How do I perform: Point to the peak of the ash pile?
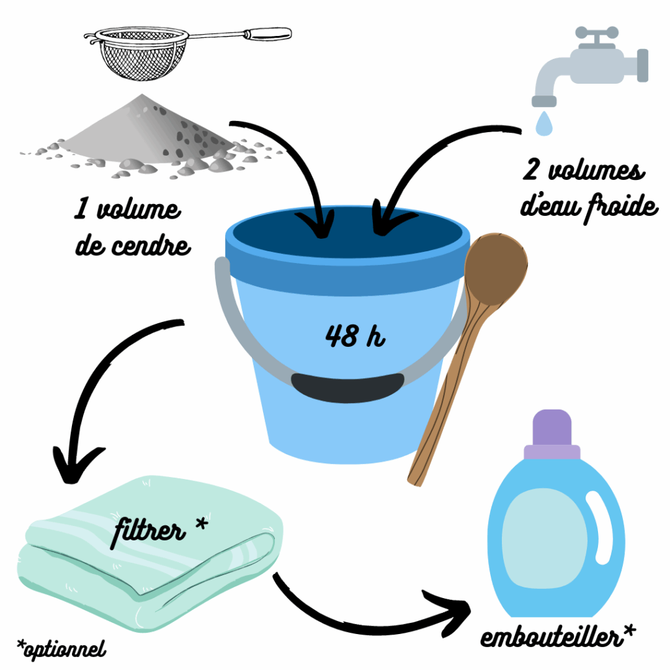point(142,95)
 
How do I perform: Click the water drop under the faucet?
point(544,124)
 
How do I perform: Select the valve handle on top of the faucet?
point(597,33)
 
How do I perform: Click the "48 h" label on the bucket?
point(355,336)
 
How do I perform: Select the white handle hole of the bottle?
point(599,529)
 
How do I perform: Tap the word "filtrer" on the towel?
point(149,531)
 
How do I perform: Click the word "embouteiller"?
point(551,636)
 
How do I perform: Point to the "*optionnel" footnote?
point(62,649)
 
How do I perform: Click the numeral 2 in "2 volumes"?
point(531,169)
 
